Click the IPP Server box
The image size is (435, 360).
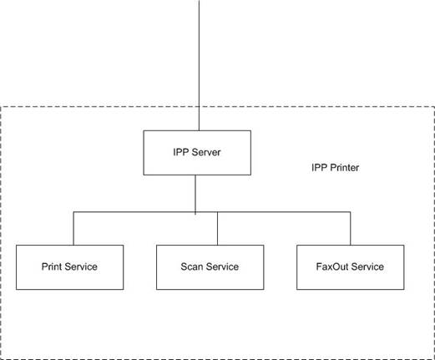pos(197,153)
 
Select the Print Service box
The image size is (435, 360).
pos(69,267)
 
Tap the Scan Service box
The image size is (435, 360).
pos(210,267)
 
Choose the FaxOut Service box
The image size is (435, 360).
pos(350,267)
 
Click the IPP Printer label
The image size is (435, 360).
pos(335,168)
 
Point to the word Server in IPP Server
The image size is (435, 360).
pos(206,152)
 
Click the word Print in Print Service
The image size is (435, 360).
pos(52,266)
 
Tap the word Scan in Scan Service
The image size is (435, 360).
pos(192,266)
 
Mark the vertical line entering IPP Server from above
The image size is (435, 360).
pos(199,65)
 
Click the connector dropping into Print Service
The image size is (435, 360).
pos(73,228)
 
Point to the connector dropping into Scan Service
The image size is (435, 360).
pos(217,228)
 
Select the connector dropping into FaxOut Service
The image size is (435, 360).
pos(350,228)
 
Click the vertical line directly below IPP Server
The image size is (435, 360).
pos(195,195)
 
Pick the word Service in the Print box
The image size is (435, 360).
pos(81,266)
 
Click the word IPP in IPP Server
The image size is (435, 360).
pos(181,152)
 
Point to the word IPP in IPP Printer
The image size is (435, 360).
pos(319,168)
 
